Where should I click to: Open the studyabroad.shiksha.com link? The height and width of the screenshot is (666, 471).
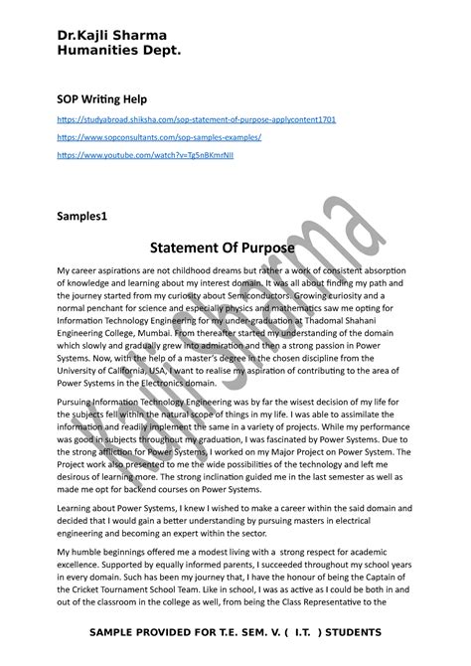click(x=197, y=119)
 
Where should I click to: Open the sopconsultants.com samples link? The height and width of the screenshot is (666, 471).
click(x=159, y=137)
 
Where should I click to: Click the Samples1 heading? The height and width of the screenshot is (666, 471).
click(x=88, y=215)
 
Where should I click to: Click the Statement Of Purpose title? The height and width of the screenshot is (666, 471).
click(x=235, y=247)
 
